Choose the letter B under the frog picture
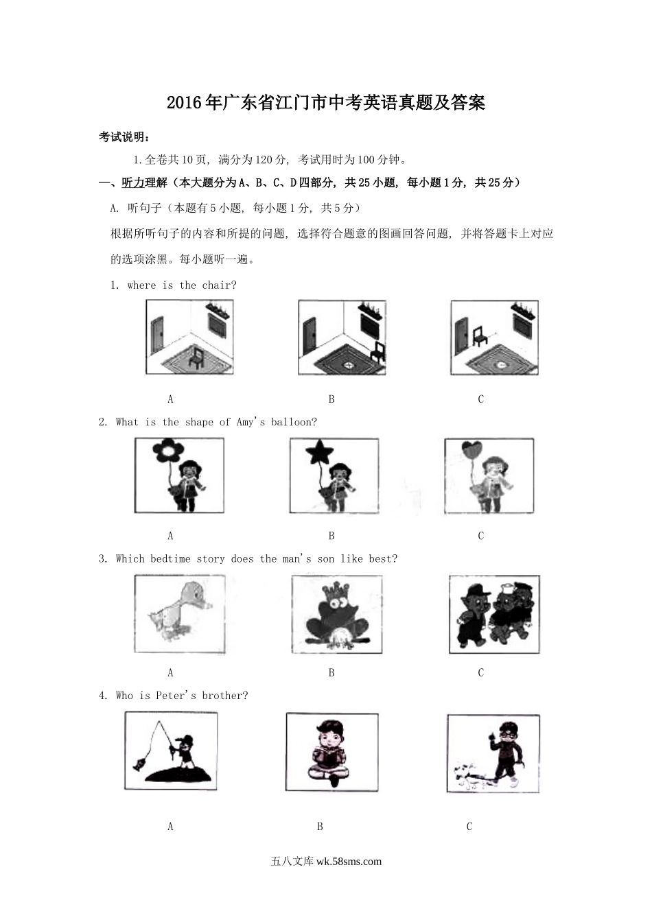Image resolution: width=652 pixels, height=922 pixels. [331, 672]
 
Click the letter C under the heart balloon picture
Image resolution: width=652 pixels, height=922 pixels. [480, 536]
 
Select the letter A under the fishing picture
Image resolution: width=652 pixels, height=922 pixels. [170, 827]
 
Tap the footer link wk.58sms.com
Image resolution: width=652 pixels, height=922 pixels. [349, 862]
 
